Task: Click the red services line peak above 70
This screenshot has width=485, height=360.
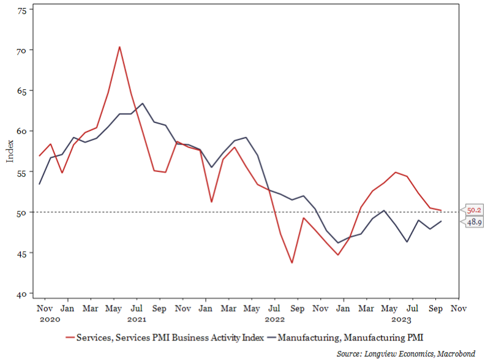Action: pyautogui.click(x=119, y=47)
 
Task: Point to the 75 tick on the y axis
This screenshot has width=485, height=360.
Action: pyautogui.click(x=22, y=11)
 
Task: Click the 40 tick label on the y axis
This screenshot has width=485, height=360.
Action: pyautogui.click(x=22, y=294)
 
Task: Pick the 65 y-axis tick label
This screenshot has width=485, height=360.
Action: pyautogui.click(x=22, y=91)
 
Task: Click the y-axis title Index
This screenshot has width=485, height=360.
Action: pyautogui.click(x=10, y=151)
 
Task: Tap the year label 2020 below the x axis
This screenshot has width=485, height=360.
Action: pyautogui.click(x=50, y=319)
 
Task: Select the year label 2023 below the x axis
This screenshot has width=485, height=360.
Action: pyautogui.click(x=402, y=319)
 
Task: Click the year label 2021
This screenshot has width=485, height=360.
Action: pyautogui.click(x=137, y=319)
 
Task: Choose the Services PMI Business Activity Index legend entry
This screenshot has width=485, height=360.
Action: pyautogui.click(x=165, y=337)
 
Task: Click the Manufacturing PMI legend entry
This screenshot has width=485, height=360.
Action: pyautogui.click(x=345, y=337)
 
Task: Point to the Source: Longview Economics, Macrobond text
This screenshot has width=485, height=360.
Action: pyautogui.click(x=406, y=353)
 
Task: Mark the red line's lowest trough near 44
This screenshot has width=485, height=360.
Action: pyautogui.click(x=291, y=263)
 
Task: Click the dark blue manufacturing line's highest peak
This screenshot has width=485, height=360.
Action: pyautogui.click(x=142, y=103)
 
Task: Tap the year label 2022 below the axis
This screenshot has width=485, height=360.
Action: pyautogui.click(x=275, y=319)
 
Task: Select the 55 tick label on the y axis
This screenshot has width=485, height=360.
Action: pyautogui.click(x=22, y=173)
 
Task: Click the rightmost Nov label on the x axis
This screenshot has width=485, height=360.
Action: pyautogui.click(x=459, y=309)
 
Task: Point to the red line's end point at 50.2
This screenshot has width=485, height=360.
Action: pyautogui.click(x=441, y=211)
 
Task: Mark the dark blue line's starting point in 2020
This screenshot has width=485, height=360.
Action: pyautogui.click(x=39, y=184)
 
